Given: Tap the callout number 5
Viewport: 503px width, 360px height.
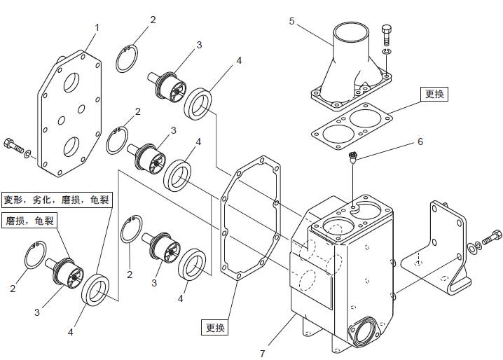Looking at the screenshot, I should coord(292,21).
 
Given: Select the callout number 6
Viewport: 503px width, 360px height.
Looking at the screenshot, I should coord(420,141).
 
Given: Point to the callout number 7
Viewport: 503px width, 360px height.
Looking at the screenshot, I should coord(262,353).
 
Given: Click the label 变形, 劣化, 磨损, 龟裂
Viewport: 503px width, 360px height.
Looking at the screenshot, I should coord(56,200).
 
